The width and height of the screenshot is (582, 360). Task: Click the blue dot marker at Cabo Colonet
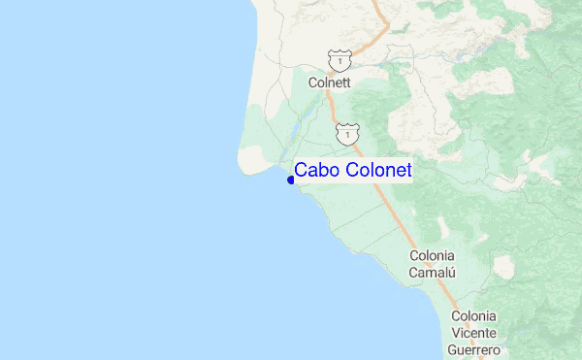coord(291,179)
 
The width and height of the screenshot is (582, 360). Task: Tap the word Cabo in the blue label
coord(317,171)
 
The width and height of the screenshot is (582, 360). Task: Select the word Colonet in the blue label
coord(377,171)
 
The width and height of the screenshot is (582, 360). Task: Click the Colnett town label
coord(328,83)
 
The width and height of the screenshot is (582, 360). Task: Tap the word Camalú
coord(433,273)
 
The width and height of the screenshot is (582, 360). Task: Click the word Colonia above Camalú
coord(433,256)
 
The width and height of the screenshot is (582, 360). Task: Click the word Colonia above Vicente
coord(474,316)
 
